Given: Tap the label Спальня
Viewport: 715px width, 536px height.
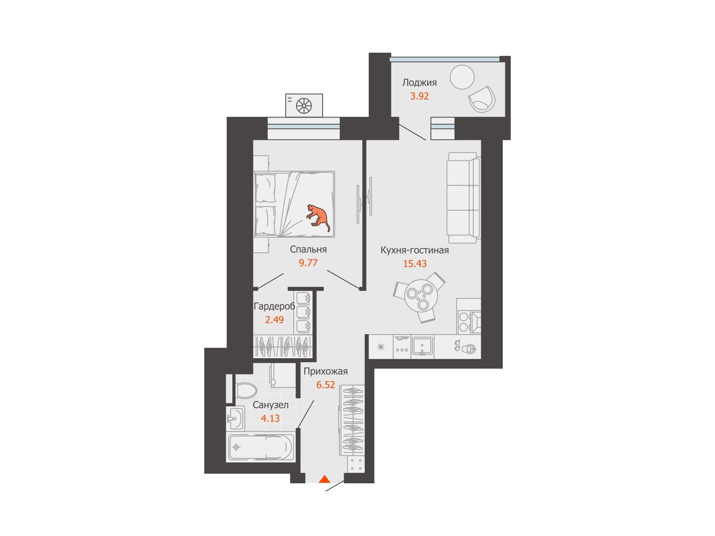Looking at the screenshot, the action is pos(308,250).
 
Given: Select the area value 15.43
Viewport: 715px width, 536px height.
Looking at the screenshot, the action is pos(415,264).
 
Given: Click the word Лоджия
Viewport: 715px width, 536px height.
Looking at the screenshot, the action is pos(419,83).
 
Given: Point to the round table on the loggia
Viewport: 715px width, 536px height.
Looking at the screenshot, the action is pos(462,77).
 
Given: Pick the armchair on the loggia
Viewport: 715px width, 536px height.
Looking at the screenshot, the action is pos(482,99).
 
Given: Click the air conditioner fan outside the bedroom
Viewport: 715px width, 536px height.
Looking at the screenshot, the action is pos(304,105).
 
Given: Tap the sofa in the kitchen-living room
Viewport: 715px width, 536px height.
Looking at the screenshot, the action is pos(463,197).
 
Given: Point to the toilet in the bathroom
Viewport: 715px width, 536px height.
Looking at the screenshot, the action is pos(245,390).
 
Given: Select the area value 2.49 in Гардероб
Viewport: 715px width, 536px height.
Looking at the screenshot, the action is pos(274,320).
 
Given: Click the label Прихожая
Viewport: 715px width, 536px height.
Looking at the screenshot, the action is pos(325,371).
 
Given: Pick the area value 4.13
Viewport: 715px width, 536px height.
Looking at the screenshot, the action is pos(270,418).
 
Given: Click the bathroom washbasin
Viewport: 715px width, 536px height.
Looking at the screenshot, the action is pos(235,419).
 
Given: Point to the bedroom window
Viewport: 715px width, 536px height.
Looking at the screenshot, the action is pos(303,128).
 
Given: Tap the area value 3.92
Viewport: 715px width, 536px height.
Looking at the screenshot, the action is pos(419,96).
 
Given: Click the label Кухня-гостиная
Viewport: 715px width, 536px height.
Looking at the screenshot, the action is pos(414,250).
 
